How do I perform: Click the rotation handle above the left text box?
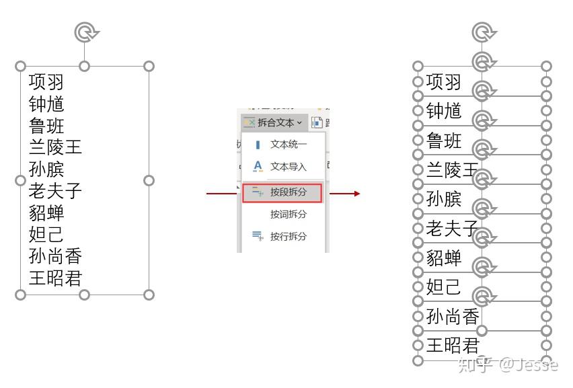(x=85, y=31)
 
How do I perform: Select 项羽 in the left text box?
(x=46, y=82)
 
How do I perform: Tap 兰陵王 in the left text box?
(x=55, y=147)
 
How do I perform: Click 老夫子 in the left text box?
(x=55, y=190)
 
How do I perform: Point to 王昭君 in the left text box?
(x=55, y=278)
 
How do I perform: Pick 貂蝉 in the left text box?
(x=46, y=212)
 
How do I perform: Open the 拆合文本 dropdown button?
(x=273, y=122)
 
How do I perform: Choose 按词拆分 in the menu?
(x=288, y=214)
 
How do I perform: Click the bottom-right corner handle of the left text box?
(x=149, y=295)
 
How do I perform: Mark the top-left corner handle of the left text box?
(x=20, y=66)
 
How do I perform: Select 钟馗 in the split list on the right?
(x=444, y=111)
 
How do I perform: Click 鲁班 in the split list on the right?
(x=444, y=141)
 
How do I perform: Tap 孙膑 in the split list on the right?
(x=444, y=199)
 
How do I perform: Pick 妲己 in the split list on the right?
(x=444, y=287)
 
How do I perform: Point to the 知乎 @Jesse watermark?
(x=507, y=365)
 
